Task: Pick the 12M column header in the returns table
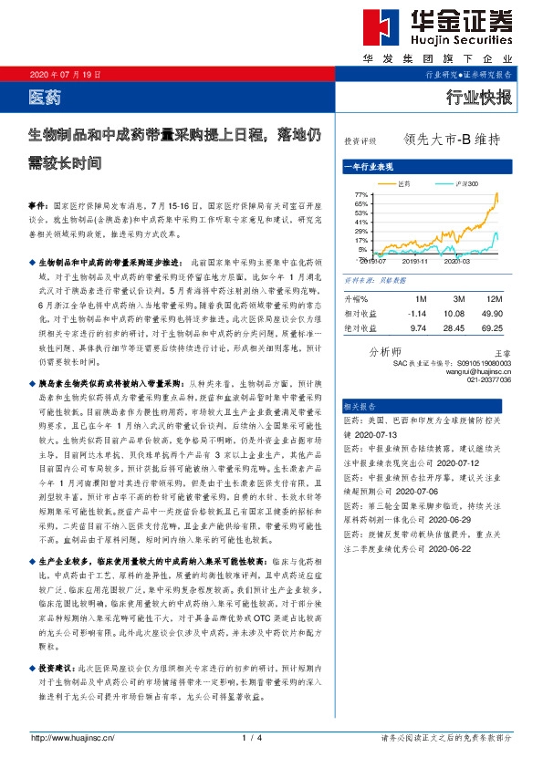(495, 298)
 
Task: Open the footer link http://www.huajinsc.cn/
(74, 738)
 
